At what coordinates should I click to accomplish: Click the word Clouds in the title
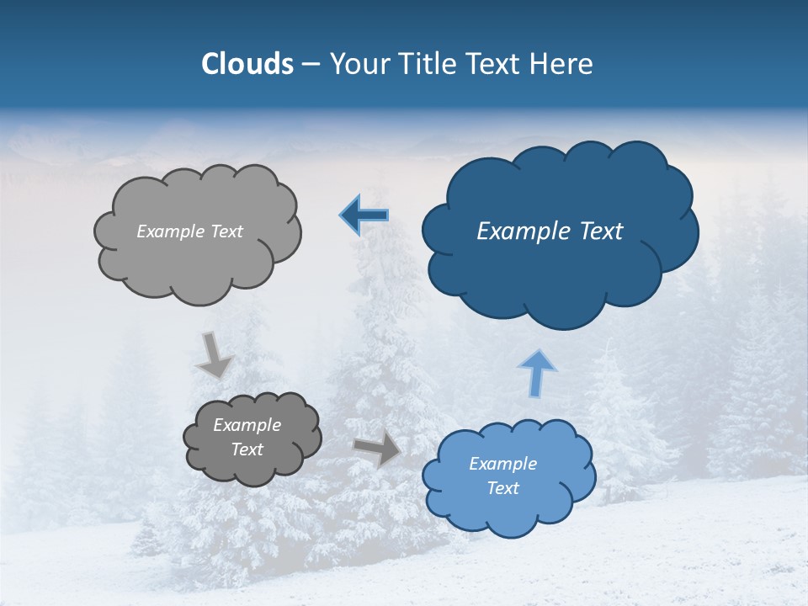click(247, 64)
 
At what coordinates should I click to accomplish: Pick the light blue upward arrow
click(537, 372)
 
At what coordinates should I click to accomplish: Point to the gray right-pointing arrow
click(377, 449)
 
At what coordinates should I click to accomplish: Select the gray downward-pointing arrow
click(214, 354)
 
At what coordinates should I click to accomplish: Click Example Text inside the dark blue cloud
click(550, 231)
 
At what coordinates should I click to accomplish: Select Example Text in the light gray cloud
click(189, 231)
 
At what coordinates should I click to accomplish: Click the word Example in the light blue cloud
click(502, 464)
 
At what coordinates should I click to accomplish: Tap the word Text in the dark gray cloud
click(247, 449)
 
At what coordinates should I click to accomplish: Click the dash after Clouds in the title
click(311, 65)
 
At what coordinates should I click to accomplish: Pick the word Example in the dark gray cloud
click(247, 425)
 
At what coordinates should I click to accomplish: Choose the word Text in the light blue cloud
click(503, 488)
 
